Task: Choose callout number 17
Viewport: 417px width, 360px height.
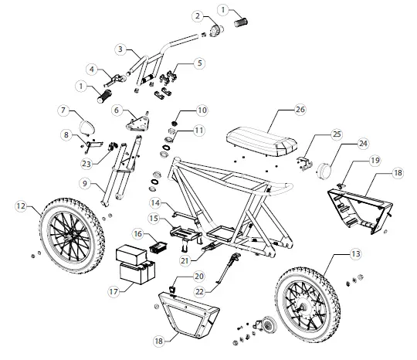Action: point(114,292)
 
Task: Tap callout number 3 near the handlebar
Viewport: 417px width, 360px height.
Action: point(120,49)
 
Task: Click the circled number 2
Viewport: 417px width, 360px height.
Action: point(198,16)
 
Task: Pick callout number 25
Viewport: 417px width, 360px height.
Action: point(337,134)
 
